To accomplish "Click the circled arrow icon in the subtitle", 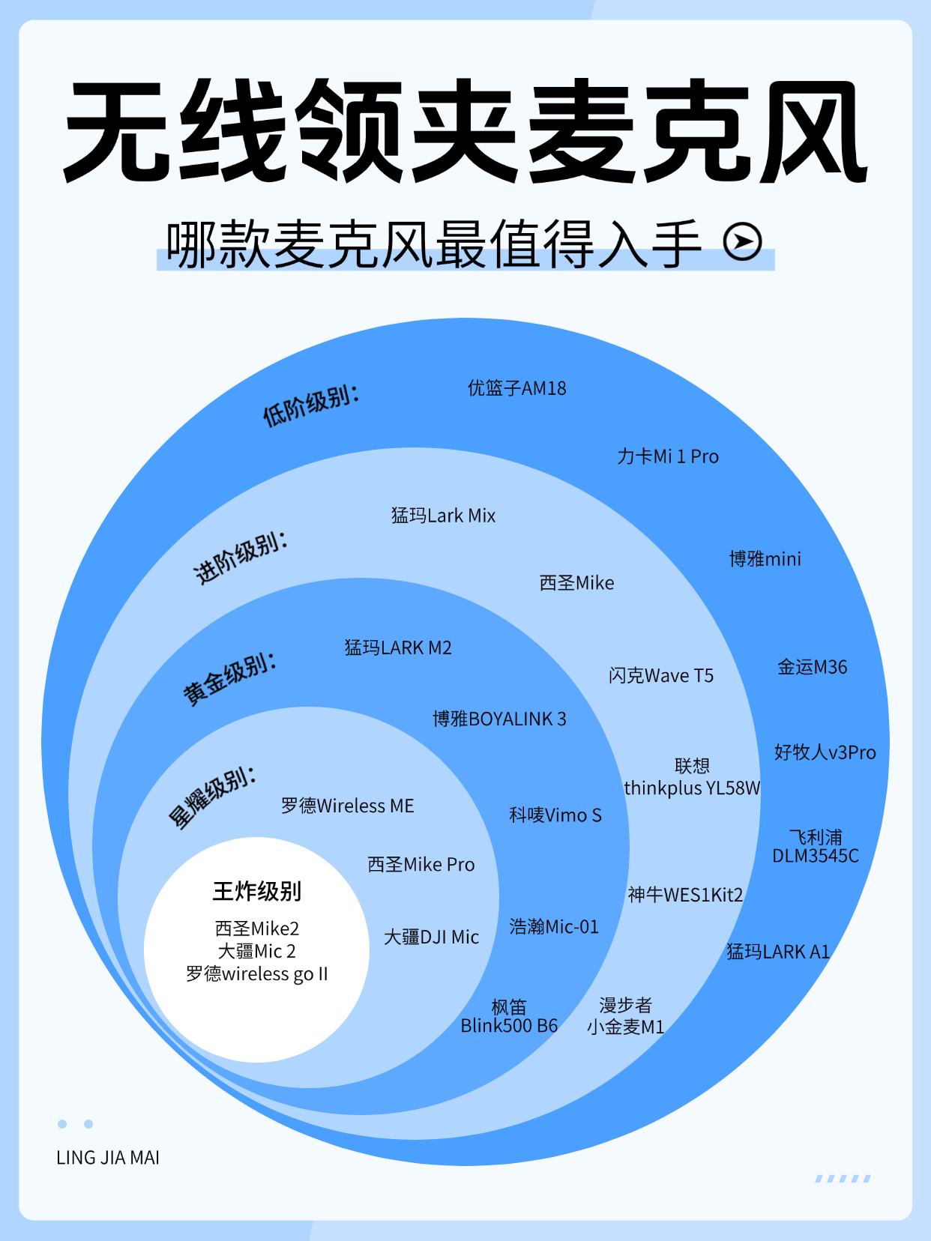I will tap(742, 241).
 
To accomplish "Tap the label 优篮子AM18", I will tap(516, 388).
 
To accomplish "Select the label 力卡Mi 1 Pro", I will tap(668, 456).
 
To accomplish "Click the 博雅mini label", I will tap(765, 559).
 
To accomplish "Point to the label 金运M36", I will tap(812, 667).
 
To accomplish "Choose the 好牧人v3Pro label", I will tap(825, 752).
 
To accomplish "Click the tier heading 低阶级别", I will tap(310, 405).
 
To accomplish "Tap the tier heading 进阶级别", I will tap(241, 558).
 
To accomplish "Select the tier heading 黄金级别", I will tap(230, 678).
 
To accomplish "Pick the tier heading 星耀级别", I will tap(212, 797).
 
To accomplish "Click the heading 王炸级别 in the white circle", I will tap(256, 891).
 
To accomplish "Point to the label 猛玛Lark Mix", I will tap(443, 516).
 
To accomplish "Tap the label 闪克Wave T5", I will tap(660, 676).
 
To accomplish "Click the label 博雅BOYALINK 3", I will tap(499, 719).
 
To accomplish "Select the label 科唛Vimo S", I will tap(555, 815).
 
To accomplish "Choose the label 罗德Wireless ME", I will tap(347, 806).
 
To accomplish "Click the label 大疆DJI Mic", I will tap(431, 937).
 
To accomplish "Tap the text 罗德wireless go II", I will tap(256, 973).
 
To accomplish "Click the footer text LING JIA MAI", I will tap(108, 1158).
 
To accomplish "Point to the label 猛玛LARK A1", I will tap(778, 952).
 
